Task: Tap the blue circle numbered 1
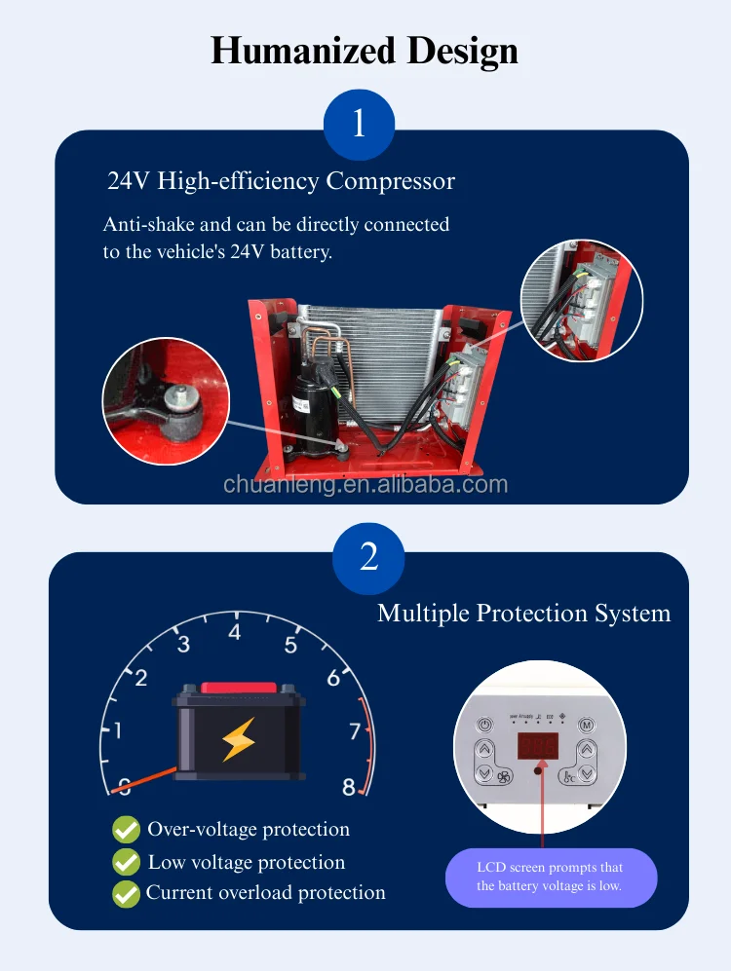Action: click(x=359, y=125)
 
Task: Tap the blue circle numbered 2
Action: click(x=368, y=558)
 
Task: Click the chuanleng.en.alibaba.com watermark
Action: click(x=365, y=484)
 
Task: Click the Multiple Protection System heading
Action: click(x=523, y=613)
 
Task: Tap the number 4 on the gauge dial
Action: click(x=234, y=633)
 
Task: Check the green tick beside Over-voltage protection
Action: click(x=127, y=830)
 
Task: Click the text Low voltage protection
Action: click(x=246, y=862)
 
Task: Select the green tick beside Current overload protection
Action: click(x=127, y=893)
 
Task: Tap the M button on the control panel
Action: click(x=587, y=725)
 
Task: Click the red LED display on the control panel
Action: click(x=537, y=747)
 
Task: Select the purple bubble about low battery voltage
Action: click(x=551, y=877)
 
